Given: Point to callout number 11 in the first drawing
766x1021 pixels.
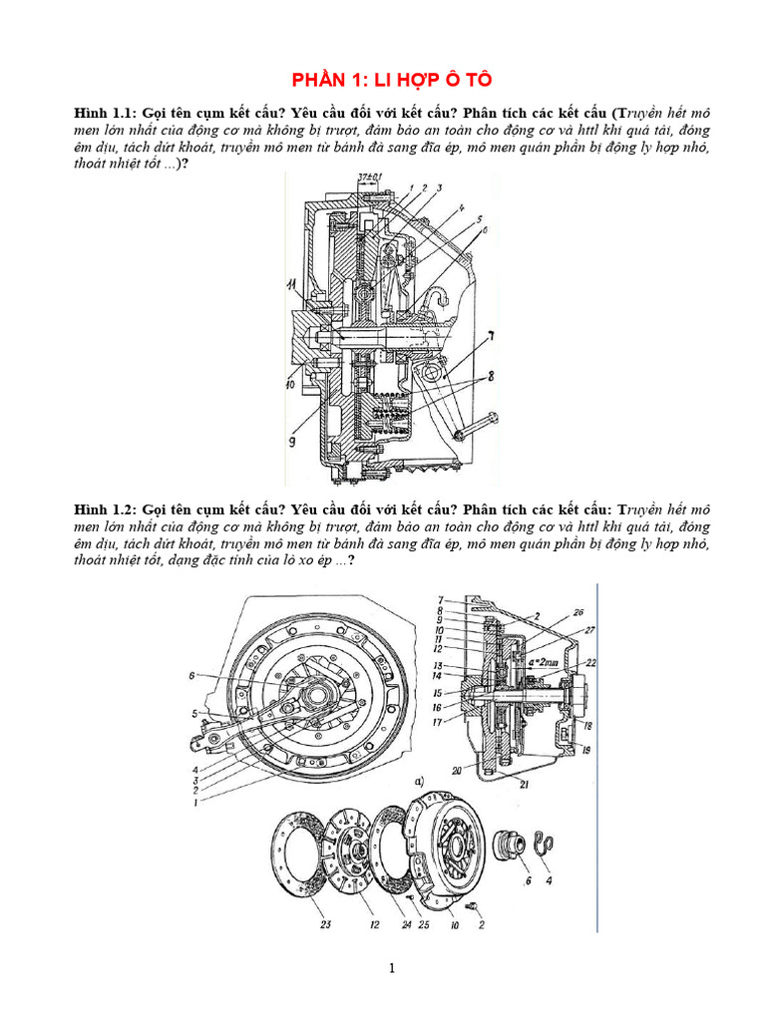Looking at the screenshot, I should pyautogui.click(x=292, y=286).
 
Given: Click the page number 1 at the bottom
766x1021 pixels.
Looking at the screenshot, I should pyautogui.click(x=392, y=967).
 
